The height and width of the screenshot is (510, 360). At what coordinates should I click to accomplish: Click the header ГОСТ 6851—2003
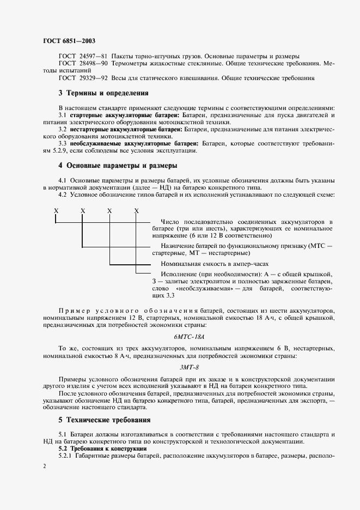tap(69, 41)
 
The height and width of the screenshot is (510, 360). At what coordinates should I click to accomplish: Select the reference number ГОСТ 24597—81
tap(83, 57)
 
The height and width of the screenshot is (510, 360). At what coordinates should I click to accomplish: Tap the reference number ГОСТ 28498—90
tap(83, 64)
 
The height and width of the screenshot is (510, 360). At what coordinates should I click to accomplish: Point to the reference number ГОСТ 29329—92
tap(83, 78)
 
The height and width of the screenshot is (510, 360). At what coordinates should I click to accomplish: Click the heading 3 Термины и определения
tap(103, 93)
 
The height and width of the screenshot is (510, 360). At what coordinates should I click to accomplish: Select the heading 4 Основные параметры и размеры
tap(120, 166)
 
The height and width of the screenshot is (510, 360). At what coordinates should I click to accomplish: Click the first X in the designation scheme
tap(56, 210)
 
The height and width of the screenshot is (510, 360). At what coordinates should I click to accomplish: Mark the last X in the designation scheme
tap(136, 210)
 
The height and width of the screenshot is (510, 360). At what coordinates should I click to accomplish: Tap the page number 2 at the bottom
tap(45, 466)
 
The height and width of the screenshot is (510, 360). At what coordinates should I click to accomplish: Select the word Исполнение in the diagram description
tap(179, 273)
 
